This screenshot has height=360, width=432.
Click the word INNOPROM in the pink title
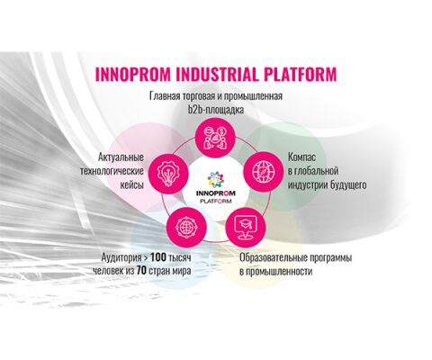(x=133, y=75)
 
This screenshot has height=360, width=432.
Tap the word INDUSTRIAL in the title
(x=217, y=75)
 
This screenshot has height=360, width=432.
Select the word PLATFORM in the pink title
(x=301, y=75)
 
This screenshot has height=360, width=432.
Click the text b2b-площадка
(x=216, y=110)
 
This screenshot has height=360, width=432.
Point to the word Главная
(x=165, y=96)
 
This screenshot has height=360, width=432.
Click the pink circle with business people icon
(x=215, y=138)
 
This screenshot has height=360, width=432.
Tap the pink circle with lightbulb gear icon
(x=168, y=173)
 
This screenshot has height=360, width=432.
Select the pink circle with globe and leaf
(x=263, y=172)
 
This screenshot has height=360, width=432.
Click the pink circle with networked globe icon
(x=186, y=227)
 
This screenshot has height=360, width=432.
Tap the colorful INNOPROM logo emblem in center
(x=216, y=180)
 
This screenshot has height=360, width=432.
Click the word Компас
(x=302, y=157)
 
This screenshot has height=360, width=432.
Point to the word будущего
(x=348, y=184)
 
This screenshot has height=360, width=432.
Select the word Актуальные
(x=121, y=157)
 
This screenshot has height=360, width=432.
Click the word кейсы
(x=132, y=184)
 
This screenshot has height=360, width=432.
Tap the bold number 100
(x=158, y=257)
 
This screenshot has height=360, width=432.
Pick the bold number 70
(x=141, y=271)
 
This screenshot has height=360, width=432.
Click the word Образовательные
(x=273, y=257)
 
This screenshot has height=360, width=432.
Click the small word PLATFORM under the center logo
(x=216, y=202)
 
